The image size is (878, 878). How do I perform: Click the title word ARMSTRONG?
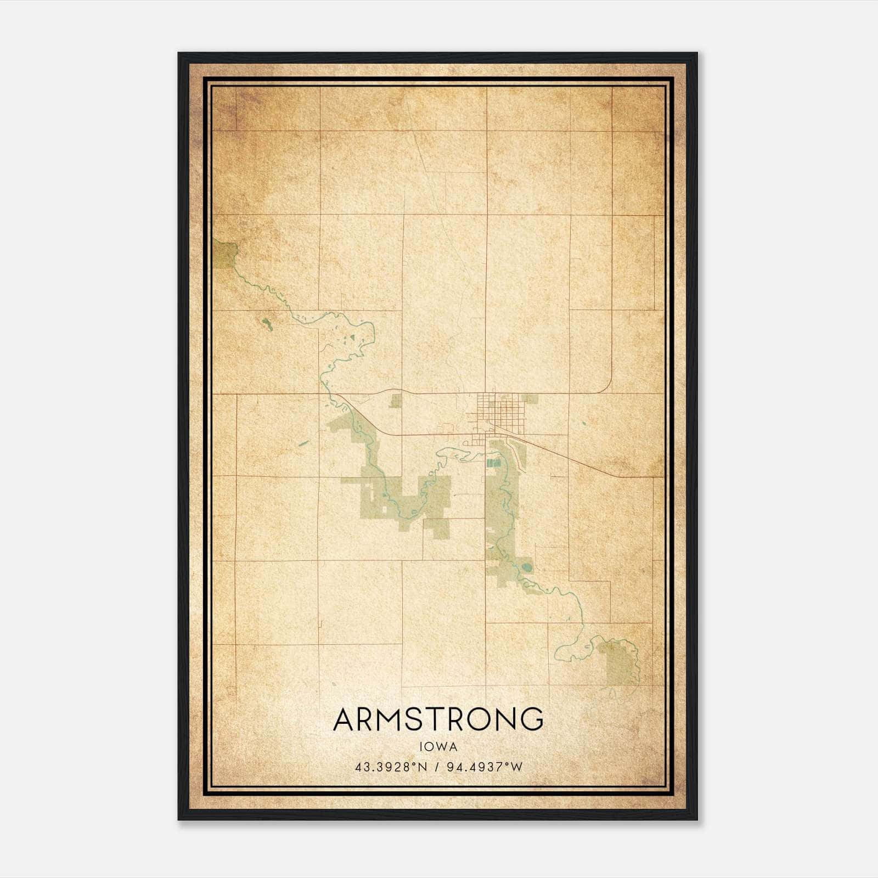pyautogui.click(x=438, y=719)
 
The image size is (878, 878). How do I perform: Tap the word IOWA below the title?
pyautogui.click(x=438, y=747)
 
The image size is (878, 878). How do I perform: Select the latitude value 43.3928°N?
pyautogui.click(x=391, y=767)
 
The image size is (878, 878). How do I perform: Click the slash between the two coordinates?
pyautogui.click(x=437, y=767)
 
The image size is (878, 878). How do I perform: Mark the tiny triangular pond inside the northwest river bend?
pyautogui.click(x=353, y=339)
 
